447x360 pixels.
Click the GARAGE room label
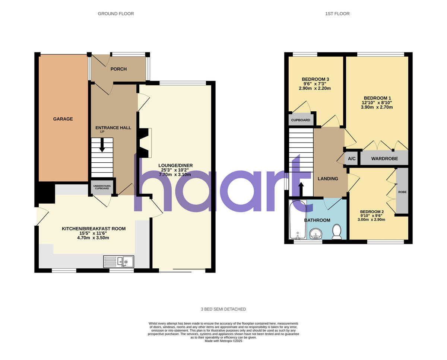tap(63, 119)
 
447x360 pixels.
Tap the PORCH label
tap(118, 69)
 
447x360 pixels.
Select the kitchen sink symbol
tap(119, 262)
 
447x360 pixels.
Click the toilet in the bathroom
tap(337, 232)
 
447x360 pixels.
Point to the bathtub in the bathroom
tap(298, 220)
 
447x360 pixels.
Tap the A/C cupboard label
tap(352, 159)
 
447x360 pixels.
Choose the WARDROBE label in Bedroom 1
tap(384, 159)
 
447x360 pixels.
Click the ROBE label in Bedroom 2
tap(402, 192)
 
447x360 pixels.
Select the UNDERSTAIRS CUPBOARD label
tap(101, 187)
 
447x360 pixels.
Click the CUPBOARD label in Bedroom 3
tap(301, 120)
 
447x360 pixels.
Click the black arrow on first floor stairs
tap(301, 189)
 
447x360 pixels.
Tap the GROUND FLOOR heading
tap(116, 14)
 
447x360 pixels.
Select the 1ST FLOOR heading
tap(337, 14)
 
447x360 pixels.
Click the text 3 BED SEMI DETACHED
tap(223, 309)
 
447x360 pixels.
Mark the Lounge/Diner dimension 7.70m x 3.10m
tap(175, 174)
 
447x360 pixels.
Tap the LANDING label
tap(328, 179)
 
